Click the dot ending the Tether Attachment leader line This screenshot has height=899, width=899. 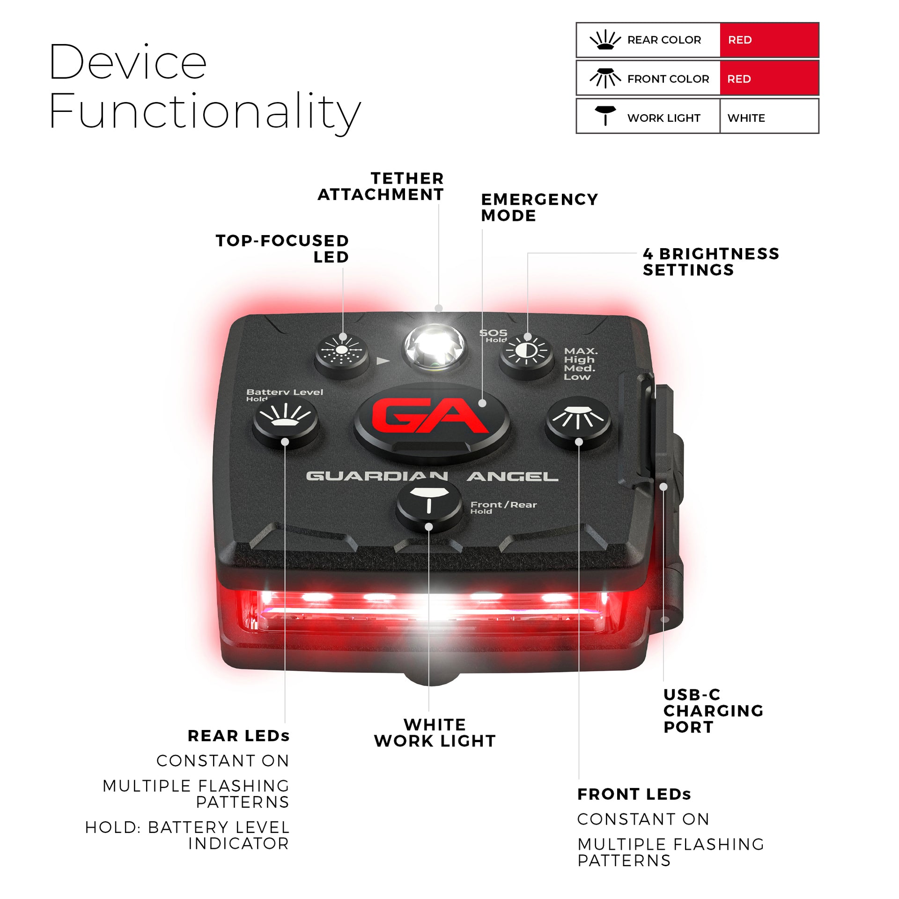(x=438, y=308)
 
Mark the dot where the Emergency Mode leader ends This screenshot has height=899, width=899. (x=482, y=403)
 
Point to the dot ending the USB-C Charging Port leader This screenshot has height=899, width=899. (x=663, y=487)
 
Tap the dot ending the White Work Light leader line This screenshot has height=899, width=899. (x=428, y=527)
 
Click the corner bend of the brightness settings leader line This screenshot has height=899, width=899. (x=528, y=253)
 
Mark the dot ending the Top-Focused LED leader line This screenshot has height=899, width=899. (x=343, y=337)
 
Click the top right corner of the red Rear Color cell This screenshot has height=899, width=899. (x=818, y=23)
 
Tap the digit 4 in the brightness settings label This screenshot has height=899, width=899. (x=648, y=254)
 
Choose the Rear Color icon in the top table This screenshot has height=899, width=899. (x=605, y=40)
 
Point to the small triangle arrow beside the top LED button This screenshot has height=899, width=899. (x=383, y=361)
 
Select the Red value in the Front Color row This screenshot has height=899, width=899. (x=739, y=79)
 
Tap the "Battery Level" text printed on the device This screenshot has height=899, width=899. (x=285, y=392)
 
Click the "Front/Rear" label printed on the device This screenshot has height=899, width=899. (x=503, y=505)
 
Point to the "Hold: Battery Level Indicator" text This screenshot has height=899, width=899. (x=187, y=835)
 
